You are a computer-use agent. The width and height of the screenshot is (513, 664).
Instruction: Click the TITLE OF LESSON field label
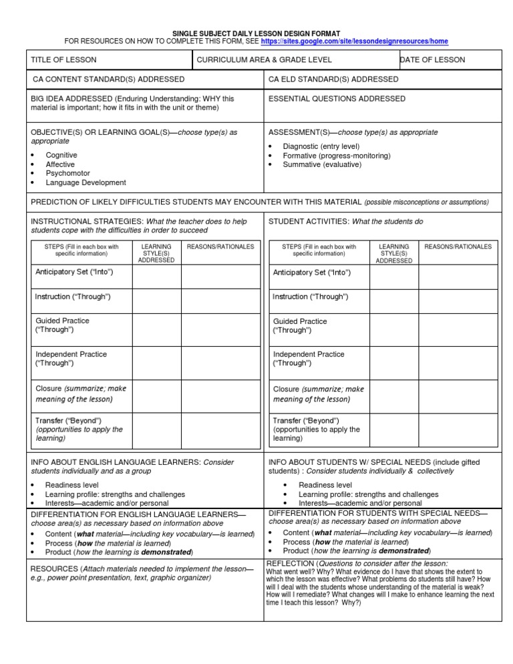pyautogui.click(x=63, y=60)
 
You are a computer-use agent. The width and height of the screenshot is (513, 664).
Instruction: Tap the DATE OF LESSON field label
pyautogui.click(x=432, y=60)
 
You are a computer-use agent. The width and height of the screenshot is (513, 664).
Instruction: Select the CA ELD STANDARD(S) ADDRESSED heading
pyautogui.click(x=333, y=79)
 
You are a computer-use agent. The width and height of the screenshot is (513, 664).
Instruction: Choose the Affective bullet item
pyautogui.click(x=60, y=164)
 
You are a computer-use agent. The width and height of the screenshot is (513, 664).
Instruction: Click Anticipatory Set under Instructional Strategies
pyautogui.click(x=74, y=273)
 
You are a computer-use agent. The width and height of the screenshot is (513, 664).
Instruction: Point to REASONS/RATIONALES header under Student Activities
pyautogui.click(x=458, y=247)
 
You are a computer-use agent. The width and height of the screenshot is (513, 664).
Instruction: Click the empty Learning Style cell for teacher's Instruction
pyautogui.click(x=156, y=297)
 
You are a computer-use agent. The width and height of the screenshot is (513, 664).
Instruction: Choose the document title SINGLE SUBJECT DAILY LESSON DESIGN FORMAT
pyautogui.click(x=256, y=32)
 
